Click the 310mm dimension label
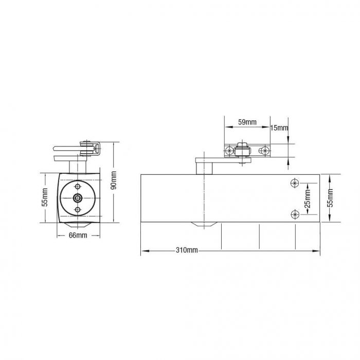(187, 250)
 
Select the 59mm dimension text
(247, 122)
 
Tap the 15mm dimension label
(279, 128)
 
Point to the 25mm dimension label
(308, 198)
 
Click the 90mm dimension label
(114, 179)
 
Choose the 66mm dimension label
(78, 235)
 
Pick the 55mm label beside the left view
(45, 197)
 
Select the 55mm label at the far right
(330, 197)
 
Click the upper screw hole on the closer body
(295, 183)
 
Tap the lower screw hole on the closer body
(295, 214)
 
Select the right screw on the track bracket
(264, 150)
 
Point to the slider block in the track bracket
(241, 151)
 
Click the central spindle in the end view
(77, 199)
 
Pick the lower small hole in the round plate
(77, 210)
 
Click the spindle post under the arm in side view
(204, 168)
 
